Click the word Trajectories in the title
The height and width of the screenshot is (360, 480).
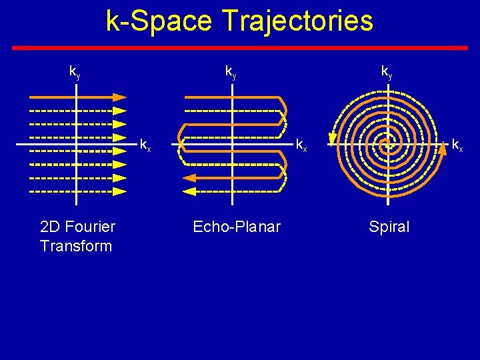298,21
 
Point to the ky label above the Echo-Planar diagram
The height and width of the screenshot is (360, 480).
231,71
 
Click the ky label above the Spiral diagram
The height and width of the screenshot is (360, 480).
387,71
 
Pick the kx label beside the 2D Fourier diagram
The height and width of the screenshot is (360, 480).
145,145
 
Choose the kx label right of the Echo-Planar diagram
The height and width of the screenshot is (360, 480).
301,145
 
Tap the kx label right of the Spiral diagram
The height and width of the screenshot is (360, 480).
458,145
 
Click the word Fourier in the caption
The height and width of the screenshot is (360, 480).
91,227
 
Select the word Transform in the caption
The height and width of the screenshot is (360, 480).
76,245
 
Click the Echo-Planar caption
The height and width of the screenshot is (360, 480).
237,227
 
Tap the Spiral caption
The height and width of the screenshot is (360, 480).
389,227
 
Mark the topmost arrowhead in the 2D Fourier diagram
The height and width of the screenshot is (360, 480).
119,97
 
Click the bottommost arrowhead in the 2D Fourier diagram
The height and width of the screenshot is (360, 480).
119,191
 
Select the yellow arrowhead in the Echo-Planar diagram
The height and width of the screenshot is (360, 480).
189,191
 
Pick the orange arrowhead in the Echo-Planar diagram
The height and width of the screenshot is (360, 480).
189,178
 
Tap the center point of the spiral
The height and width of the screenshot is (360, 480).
387,144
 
